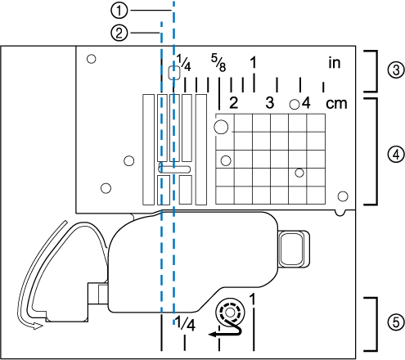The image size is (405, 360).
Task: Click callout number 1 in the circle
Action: tap(119, 11)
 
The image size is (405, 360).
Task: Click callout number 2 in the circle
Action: tap(119, 34)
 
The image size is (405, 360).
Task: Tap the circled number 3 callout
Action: tap(396, 70)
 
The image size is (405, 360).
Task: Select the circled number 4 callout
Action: tap(396, 155)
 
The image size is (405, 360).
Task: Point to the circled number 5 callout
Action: tap(396, 322)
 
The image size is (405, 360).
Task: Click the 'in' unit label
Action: tap(335, 63)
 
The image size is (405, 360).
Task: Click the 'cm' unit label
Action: tap(336, 104)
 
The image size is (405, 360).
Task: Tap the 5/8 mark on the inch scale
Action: tap(218, 63)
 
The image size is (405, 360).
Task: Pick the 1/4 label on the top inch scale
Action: tap(183, 62)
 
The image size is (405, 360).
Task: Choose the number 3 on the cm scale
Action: tap(269, 103)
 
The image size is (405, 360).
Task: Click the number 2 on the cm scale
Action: tap(233, 103)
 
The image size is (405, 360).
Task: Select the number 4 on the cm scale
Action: tap(306, 103)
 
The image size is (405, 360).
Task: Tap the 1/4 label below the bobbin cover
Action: tap(185, 323)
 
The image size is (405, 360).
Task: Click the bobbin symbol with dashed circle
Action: tap(230, 313)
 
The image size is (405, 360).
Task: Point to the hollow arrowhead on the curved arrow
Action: tap(37, 326)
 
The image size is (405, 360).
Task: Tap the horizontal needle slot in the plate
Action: tap(174, 169)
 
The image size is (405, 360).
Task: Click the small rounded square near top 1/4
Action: tap(174, 73)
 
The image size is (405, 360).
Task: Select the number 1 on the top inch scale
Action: tap(254, 62)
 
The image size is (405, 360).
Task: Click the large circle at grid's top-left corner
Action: tap(221, 127)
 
